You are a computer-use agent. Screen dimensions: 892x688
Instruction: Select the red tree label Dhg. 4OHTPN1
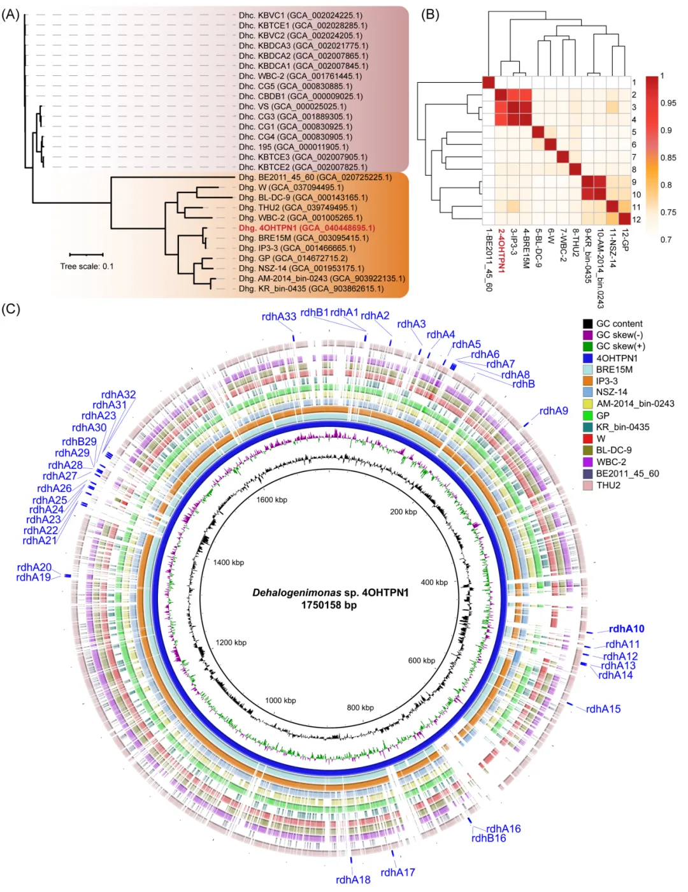pyautogui.click(x=306, y=228)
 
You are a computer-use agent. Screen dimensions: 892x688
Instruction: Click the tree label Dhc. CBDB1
pyautogui.click(x=301, y=97)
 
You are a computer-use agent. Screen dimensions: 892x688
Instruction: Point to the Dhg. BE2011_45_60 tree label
pyautogui.click(x=315, y=177)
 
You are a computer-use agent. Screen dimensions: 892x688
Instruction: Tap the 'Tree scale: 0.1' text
pyautogui.click(x=87, y=266)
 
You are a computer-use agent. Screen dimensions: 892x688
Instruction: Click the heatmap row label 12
pyautogui.click(x=636, y=220)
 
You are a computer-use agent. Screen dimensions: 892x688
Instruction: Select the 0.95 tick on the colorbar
pyautogui.click(x=668, y=103)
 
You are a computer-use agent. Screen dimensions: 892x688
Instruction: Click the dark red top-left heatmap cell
pyautogui.click(x=489, y=82)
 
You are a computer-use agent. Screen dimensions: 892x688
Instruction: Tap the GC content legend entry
pyautogui.click(x=619, y=324)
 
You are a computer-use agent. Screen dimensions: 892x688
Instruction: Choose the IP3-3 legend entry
pyautogui.click(x=606, y=381)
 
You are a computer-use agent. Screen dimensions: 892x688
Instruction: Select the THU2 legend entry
pyautogui.click(x=608, y=486)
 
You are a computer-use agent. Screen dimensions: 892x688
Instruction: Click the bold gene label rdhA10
pyautogui.click(x=626, y=629)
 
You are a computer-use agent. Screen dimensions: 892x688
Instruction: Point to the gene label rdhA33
pyautogui.click(x=279, y=317)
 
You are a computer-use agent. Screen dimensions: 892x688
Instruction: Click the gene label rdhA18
pyautogui.click(x=353, y=880)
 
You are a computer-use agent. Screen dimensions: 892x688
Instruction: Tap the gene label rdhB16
pyautogui.click(x=489, y=838)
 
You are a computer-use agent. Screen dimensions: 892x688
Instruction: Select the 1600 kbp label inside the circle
pyautogui.click(x=272, y=500)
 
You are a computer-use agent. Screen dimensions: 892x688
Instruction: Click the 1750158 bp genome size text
pyautogui.click(x=329, y=605)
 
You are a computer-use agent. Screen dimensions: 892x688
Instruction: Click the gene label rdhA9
pyautogui.click(x=554, y=411)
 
